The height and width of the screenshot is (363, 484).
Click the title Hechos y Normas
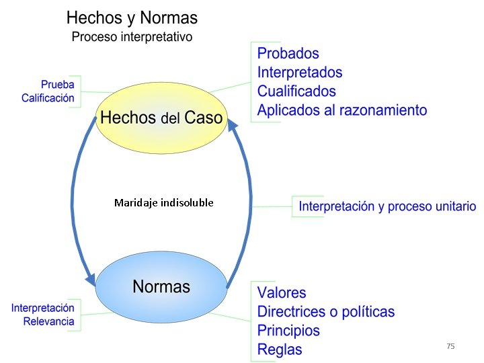coord(132,17)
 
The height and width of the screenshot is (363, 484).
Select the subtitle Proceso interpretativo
coord(132,36)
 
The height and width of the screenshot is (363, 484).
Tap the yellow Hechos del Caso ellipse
coord(161,118)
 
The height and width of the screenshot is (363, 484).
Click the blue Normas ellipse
coord(161,287)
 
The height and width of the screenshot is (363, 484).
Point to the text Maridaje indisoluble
coord(164,202)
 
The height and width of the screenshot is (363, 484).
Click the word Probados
coord(288,53)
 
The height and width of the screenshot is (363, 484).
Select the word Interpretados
coord(300,72)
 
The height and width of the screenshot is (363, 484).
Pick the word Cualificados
coord(296,91)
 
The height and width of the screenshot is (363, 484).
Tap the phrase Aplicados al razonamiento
coord(342,110)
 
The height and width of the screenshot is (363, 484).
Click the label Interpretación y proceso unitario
coord(387,206)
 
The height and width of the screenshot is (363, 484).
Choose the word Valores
coord(282,292)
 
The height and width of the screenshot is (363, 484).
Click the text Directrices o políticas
coord(326,311)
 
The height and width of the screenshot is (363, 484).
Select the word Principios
coord(288,330)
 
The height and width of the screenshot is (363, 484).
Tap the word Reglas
coord(280,349)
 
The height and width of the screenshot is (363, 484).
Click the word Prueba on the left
coord(58,85)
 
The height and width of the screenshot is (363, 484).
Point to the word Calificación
coord(48,98)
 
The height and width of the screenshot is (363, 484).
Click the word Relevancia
coord(49,321)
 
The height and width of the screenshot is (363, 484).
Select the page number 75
coord(450,346)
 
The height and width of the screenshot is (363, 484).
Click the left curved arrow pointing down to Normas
coord(74,202)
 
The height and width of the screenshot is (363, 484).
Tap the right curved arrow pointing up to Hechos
coord(247,202)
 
